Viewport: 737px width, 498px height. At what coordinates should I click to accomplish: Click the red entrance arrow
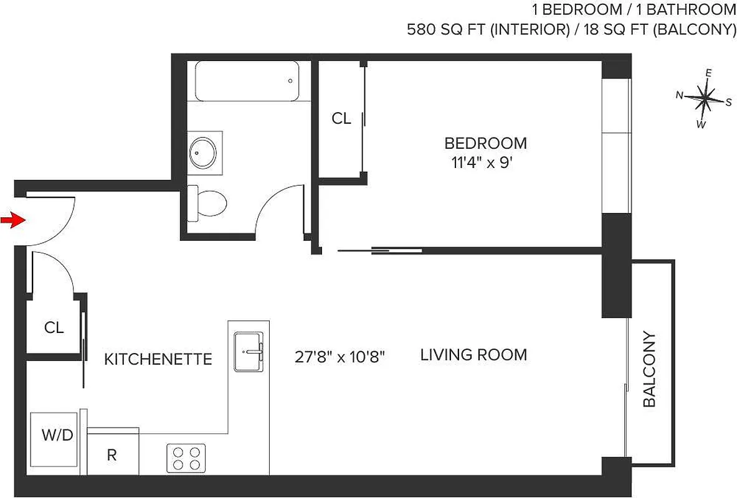pyautogui.click(x=12, y=220)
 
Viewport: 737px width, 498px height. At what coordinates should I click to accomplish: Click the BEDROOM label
pyautogui.click(x=485, y=143)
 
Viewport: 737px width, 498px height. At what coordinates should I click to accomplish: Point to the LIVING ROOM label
pyautogui.click(x=473, y=355)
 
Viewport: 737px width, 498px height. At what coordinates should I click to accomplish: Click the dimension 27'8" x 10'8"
pyautogui.click(x=340, y=357)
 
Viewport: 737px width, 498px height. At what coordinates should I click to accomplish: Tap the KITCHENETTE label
pyautogui.click(x=158, y=359)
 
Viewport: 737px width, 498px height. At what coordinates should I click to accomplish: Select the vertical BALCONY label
pyautogui.click(x=649, y=370)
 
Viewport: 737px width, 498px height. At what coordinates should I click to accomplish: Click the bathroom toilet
pyautogui.click(x=207, y=203)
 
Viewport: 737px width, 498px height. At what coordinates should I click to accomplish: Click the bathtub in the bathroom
pyautogui.click(x=247, y=81)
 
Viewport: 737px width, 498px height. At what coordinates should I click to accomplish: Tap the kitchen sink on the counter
pyautogui.click(x=249, y=352)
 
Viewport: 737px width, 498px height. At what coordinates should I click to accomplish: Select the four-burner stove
pyautogui.click(x=186, y=458)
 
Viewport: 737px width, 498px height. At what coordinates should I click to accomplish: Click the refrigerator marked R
pyautogui.click(x=112, y=455)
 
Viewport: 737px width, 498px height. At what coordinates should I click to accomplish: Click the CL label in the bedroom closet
pyautogui.click(x=341, y=118)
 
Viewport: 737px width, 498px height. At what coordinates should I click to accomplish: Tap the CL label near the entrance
pyautogui.click(x=54, y=327)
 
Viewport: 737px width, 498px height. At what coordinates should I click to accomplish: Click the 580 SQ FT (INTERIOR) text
pyautogui.click(x=488, y=29)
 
